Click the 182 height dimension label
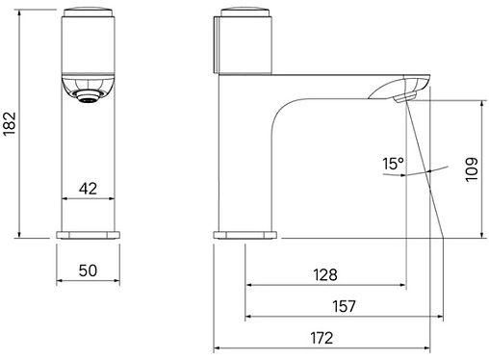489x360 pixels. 10,124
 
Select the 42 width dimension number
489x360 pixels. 88,189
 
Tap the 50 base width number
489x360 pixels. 88,270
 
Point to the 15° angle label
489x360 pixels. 393,164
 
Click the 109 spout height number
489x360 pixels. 472,169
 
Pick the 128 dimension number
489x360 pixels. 325,275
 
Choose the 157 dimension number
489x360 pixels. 344,306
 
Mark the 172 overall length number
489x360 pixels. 322,338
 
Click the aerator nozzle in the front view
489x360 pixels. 89,96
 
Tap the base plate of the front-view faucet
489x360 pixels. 88,235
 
